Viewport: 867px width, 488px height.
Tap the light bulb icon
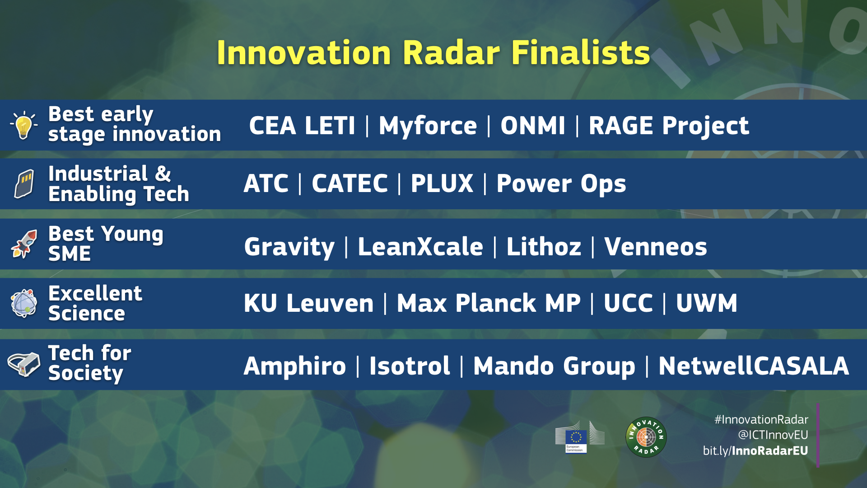23,126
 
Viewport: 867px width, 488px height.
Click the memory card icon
24,184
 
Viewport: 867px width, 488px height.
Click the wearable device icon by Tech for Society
23,364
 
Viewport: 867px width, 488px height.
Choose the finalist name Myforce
427,126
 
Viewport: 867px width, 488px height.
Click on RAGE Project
668,126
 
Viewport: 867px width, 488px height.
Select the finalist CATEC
350,183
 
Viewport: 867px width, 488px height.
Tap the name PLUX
442,183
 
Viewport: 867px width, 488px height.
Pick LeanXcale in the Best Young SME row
420,247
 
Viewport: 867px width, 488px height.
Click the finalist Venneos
656,247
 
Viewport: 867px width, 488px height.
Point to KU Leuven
308,303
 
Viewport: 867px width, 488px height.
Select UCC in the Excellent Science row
628,303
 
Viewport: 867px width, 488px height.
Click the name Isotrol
409,366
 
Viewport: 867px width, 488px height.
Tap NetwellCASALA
753,366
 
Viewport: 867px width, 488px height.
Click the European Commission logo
579,437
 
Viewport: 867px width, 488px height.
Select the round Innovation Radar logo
646,437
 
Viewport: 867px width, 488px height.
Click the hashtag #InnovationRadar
761,420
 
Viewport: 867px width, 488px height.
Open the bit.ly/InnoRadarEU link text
755,450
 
